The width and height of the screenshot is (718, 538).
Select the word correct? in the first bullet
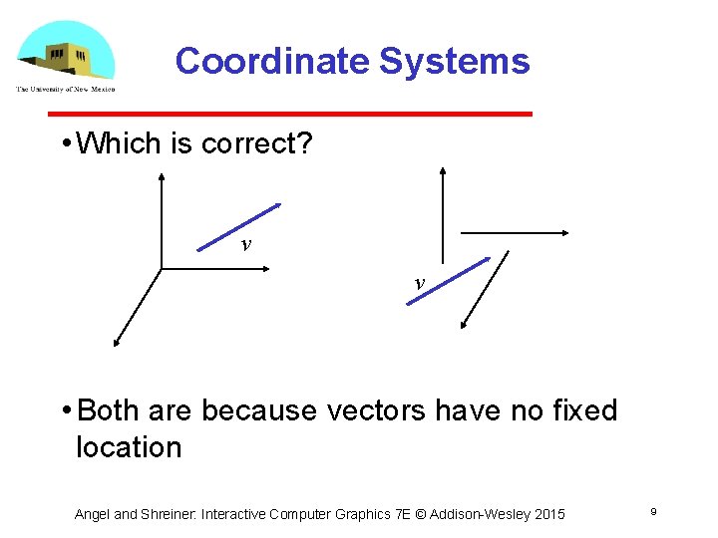click(257, 143)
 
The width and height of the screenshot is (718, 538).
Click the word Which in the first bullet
click(120, 143)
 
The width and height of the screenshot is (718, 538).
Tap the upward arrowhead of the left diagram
click(162, 176)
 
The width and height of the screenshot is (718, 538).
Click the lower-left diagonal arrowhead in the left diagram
click(117, 343)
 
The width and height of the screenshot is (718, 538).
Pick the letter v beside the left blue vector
click(244, 245)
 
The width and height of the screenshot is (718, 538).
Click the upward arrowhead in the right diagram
click(443, 171)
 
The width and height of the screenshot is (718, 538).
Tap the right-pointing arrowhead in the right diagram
click(563, 233)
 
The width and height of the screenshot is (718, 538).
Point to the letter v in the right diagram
click(419, 283)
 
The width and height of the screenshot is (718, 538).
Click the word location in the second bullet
click(129, 447)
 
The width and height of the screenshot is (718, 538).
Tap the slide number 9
click(652, 512)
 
